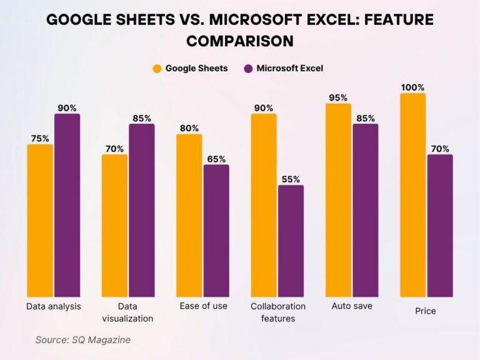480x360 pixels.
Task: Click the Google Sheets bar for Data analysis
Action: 40,221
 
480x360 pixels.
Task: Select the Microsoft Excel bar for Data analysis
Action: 67,205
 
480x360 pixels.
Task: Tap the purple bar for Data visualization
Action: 142,210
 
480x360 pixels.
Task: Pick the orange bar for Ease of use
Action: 189,215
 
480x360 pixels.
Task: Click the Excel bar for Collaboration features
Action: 291,241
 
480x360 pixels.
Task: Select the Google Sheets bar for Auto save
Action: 338,200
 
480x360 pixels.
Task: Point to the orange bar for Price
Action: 412,195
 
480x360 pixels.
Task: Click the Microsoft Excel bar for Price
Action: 440,226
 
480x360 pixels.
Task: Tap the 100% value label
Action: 412,87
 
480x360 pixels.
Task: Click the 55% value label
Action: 291,179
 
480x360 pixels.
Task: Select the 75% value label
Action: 40,139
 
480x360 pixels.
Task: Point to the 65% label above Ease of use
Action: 216,159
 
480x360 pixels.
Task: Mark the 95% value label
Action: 338,97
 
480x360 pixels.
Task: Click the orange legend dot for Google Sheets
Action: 157,68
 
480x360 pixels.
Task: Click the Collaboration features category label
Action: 278,312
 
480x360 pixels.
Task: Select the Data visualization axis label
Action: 127,312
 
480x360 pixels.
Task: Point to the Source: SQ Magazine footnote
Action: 82,340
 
